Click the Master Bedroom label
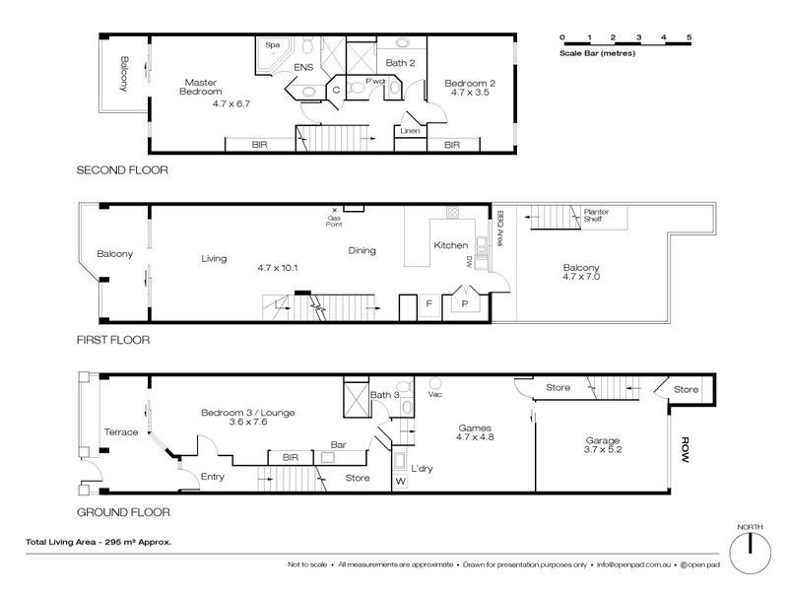tap(201, 87)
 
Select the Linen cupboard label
tap(410, 131)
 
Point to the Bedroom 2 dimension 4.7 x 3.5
tap(470, 93)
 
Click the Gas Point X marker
tap(334, 210)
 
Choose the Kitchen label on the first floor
tap(451, 245)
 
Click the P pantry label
tap(464, 303)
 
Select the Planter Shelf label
tap(596, 215)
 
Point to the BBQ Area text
tap(499, 229)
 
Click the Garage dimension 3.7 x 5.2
tap(603, 449)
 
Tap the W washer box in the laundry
tap(401, 482)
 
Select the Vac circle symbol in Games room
tap(435, 383)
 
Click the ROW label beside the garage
tap(685, 450)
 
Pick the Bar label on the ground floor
tap(338, 445)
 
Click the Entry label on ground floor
tap(212, 477)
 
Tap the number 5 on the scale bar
tap(689, 37)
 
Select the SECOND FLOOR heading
tap(122, 170)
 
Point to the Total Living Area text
tap(98, 542)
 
